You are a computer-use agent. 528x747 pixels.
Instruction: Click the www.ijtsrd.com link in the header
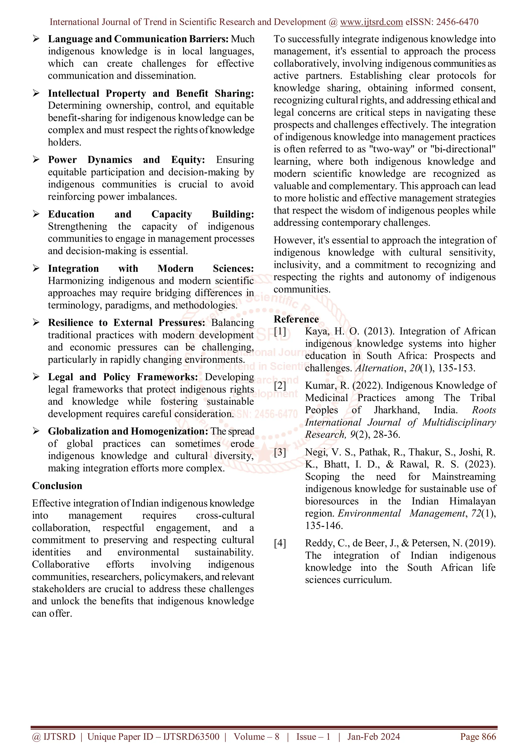coord(371,22)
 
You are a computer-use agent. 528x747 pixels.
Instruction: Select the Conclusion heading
coord(57,486)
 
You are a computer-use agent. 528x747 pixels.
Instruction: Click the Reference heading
coord(296,319)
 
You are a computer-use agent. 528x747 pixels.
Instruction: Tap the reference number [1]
coord(280,331)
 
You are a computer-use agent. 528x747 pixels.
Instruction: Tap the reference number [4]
coord(280,543)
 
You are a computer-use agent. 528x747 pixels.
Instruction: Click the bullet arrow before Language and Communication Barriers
coord(36,39)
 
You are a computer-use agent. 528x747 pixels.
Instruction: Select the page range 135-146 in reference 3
coord(324,526)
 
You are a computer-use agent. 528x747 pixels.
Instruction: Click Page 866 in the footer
coord(478,737)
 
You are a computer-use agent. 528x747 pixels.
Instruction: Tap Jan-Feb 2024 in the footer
coord(373,737)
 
